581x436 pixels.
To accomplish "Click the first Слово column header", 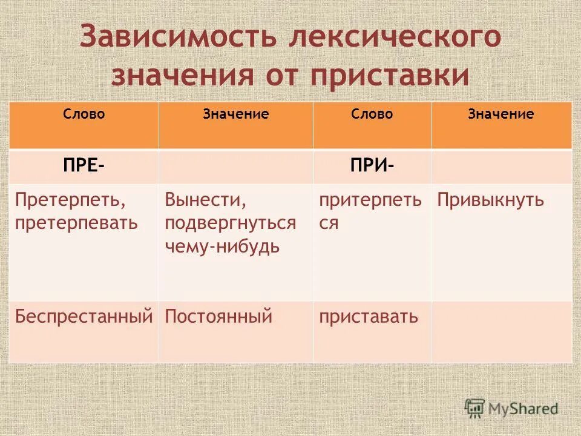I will point(84,114).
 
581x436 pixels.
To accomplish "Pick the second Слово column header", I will point(372,114).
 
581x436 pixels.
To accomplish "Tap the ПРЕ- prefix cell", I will point(83,166).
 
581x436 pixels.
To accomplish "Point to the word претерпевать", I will point(77,223).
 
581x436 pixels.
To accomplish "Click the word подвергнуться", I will point(231,223).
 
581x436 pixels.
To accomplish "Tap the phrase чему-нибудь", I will point(222,246).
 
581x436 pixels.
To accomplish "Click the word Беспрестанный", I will point(84,316).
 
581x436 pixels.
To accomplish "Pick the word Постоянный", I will point(218,316).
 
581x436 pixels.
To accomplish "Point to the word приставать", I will point(369,316).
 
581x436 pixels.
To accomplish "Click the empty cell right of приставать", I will point(501,332).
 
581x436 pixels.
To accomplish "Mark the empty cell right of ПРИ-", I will point(501,166).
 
